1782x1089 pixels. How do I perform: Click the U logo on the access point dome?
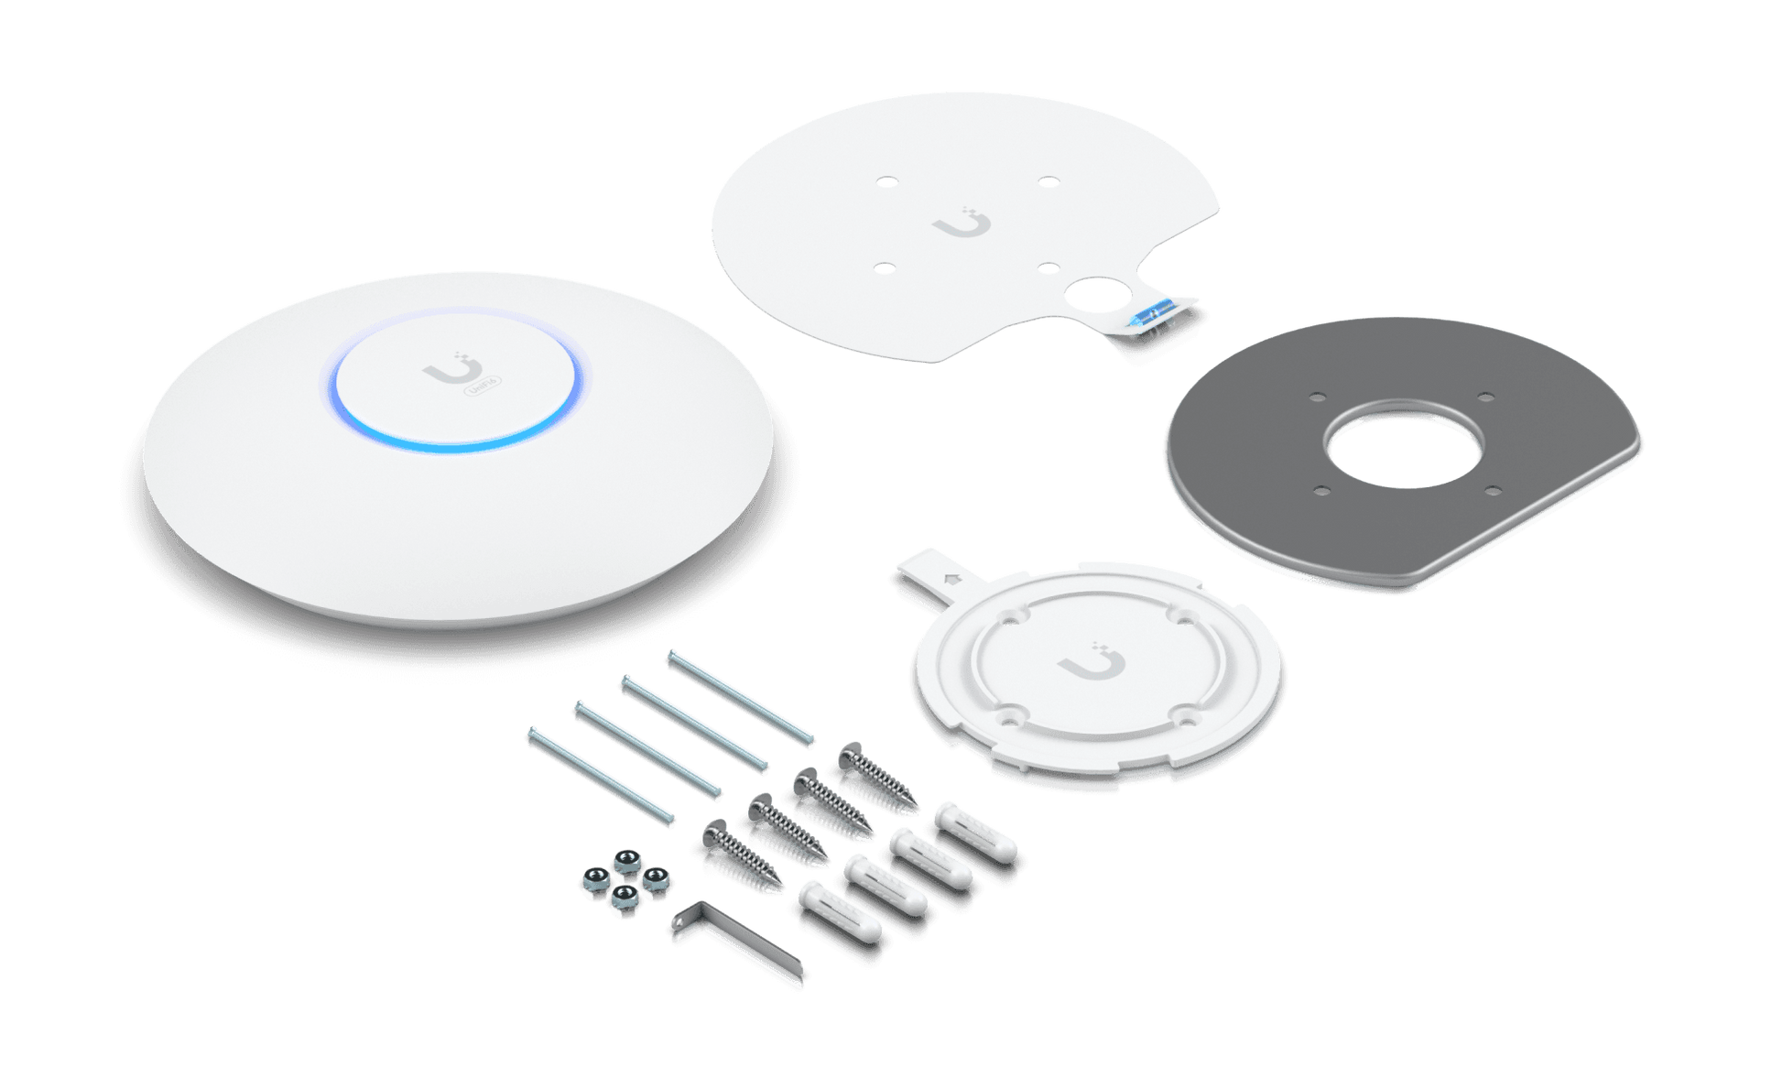[x=451, y=372]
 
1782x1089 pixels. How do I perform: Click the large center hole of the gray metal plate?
[x=1401, y=442]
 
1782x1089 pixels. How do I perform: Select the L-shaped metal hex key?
[x=738, y=943]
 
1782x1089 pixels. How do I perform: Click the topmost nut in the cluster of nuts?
[x=627, y=861]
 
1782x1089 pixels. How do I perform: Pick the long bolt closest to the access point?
[x=740, y=698]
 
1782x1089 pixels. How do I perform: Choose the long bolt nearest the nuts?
[x=601, y=776]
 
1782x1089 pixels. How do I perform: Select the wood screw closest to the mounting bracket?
[x=877, y=779]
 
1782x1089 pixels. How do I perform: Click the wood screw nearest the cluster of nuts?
[x=740, y=857]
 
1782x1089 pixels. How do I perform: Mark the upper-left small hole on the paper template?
[x=886, y=181]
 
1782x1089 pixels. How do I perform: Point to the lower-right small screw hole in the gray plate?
[x=1492, y=490]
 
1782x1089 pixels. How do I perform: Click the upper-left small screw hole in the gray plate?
[x=1318, y=397]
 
